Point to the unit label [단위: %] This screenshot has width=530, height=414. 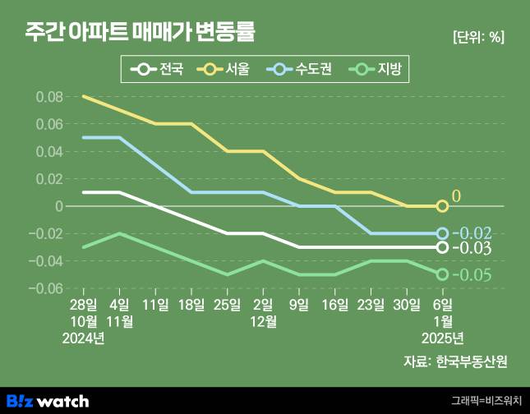(x=478, y=37)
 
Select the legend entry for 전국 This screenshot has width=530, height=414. (x=161, y=69)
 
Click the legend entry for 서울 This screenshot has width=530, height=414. (x=230, y=69)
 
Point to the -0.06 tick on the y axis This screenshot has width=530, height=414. (x=46, y=288)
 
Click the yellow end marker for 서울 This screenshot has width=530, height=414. (x=442, y=206)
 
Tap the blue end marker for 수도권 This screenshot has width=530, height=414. (x=442, y=233)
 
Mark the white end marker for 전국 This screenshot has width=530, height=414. (x=442, y=247)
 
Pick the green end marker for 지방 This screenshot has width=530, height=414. (x=442, y=274)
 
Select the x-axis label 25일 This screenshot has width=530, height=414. (x=228, y=306)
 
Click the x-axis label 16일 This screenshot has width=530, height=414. (x=334, y=306)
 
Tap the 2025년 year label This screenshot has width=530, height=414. (x=442, y=338)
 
